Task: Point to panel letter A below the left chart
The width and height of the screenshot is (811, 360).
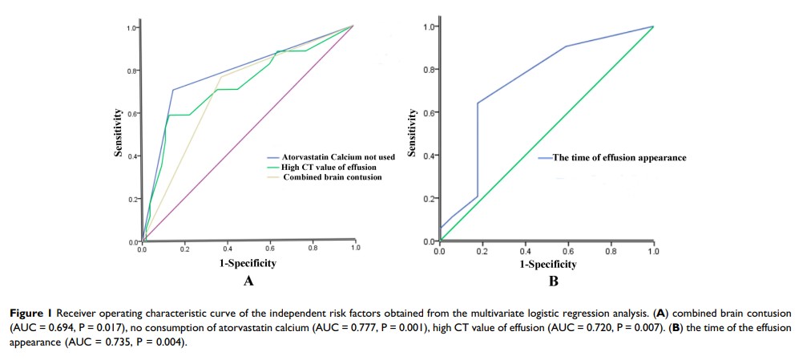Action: point(248,281)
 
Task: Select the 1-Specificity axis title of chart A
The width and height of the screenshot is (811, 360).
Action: point(248,263)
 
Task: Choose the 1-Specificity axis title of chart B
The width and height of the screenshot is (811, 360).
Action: point(547,263)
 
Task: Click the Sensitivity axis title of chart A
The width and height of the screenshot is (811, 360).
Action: point(118,134)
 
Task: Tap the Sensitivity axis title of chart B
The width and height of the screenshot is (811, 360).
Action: point(414,134)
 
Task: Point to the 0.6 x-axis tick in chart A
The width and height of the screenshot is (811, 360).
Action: point(269,249)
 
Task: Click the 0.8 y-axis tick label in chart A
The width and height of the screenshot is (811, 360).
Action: point(131,71)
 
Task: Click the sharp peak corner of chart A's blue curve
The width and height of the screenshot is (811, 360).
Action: point(172,89)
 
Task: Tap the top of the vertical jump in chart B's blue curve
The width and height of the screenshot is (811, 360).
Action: point(478,103)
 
